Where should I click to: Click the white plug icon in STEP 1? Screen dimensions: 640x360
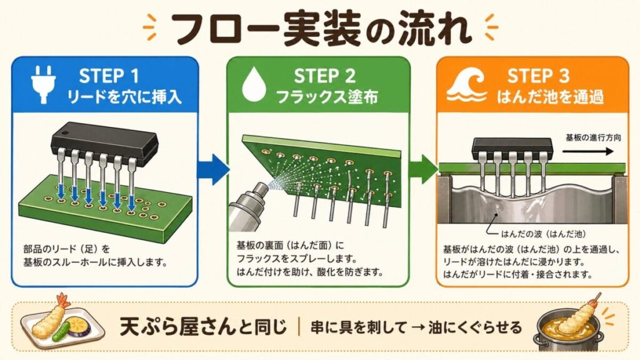[x=43, y=84]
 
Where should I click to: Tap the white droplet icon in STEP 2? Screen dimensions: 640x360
[x=254, y=84]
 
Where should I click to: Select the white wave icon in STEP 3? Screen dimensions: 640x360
[x=466, y=84]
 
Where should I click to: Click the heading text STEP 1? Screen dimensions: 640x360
[x=109, y=76]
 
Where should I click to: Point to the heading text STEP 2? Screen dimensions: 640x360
[x=324, y=76]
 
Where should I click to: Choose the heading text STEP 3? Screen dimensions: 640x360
[x=538, y=76]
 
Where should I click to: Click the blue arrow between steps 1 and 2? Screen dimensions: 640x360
[x=212, y=169]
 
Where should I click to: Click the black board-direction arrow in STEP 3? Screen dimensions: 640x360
[x=588, y=151]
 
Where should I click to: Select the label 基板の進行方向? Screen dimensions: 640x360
[x=593, y=137]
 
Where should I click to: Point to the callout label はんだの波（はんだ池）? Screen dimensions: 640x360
[x=543, y=234]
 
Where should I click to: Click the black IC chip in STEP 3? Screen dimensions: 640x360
[x=512, y=149]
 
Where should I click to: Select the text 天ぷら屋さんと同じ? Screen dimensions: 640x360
[x=203, y=327]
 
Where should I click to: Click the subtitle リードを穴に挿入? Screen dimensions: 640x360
[x=124, y=97]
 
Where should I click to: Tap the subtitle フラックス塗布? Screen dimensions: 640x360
[x=327, y=97]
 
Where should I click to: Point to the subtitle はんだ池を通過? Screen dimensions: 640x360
[x=550, y=97]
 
